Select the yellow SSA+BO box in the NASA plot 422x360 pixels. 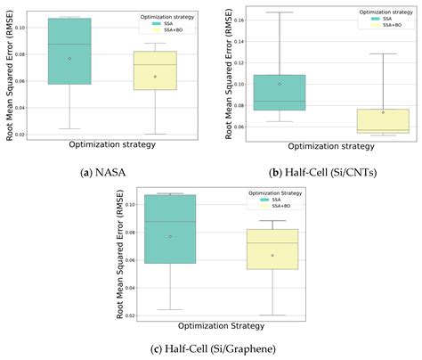pyautogui.click(x=154, y=70)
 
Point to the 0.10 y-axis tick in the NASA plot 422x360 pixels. pyautogui.click(x=26, y=27)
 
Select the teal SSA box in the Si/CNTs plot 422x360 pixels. pyautogui.click(x=279, y=92)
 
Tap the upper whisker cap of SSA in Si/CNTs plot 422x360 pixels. pyautogui.click(x=279, y=12)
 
